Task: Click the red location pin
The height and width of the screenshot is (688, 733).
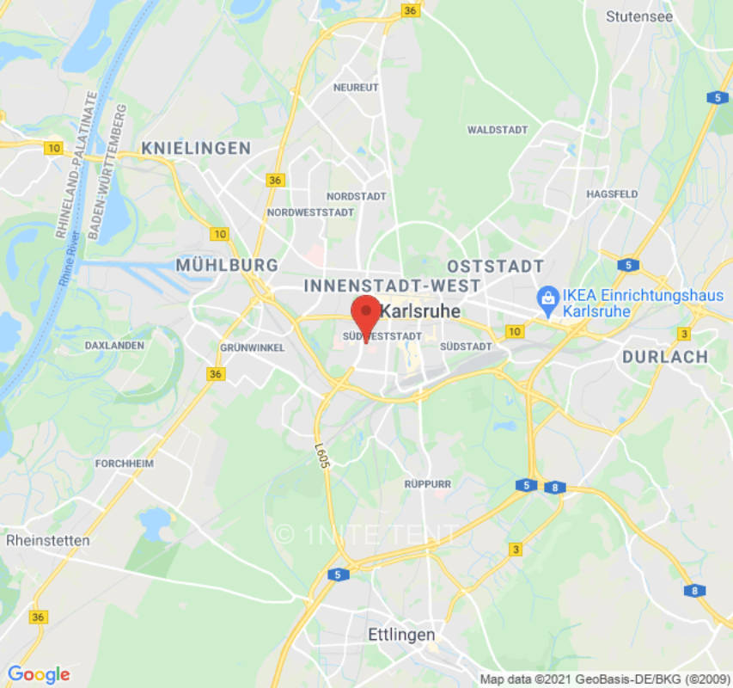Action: (366, 315)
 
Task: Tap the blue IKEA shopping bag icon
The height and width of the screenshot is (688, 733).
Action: (546, 298)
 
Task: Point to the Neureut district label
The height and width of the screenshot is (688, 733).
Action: (356, 88)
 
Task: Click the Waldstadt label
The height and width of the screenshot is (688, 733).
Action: (498, 130)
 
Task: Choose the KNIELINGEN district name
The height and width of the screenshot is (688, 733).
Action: (196, 148)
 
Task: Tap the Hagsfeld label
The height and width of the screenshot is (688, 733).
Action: (612, 194)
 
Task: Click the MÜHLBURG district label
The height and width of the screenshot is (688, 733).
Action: (227, 265)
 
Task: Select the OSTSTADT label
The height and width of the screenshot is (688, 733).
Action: (495, 266)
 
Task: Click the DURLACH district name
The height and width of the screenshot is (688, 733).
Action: (665, 356)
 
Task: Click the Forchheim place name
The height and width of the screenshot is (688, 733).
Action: (123, 463)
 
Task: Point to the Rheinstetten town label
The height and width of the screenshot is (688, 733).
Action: (47, 540)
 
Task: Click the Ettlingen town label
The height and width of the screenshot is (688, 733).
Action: (401, 635)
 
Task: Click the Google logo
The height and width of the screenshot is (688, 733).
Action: (38, 674)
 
